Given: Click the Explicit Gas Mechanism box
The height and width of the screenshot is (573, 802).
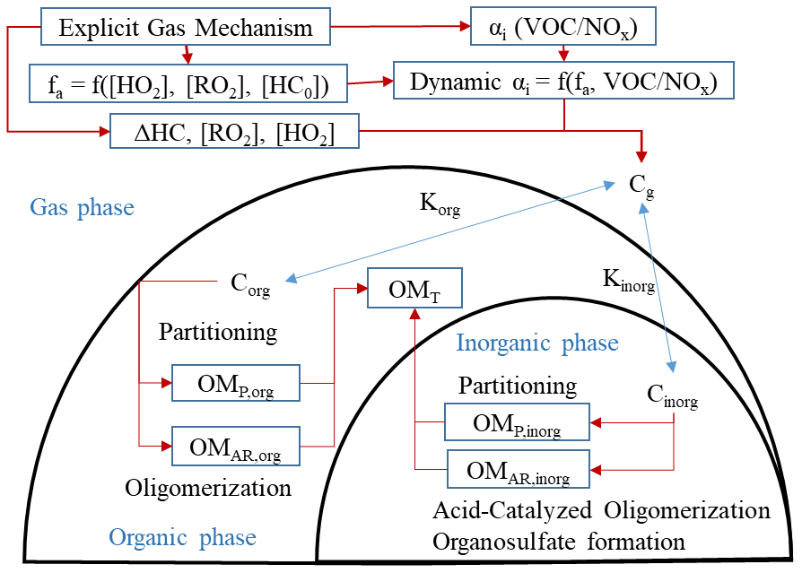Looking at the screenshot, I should (x=186, y=28).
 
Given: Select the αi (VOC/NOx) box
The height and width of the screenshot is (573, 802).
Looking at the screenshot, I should (x=564, y=28).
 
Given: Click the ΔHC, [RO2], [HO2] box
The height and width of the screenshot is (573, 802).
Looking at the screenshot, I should (x=234, y=132).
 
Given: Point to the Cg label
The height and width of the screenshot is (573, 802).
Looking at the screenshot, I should (x=641, y=187).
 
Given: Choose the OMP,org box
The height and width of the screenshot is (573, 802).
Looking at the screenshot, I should (x=235, y=383).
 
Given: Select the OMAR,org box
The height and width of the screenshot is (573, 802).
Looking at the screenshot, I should (x=235, y=446).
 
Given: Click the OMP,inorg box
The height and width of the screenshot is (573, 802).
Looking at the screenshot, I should (x=518, y=421).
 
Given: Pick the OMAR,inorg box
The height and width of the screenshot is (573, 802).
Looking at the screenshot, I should (x=518, y=469).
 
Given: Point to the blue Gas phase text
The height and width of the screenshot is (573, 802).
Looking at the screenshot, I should (x=82, y=208).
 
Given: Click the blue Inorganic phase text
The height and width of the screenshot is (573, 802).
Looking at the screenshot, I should (x=537, y=343).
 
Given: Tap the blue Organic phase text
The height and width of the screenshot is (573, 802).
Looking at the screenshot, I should (x=182, y=537).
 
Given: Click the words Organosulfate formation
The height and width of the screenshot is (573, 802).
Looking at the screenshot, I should (x=559, y=542).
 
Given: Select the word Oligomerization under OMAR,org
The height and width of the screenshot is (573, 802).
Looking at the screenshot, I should (x=208, y=489).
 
